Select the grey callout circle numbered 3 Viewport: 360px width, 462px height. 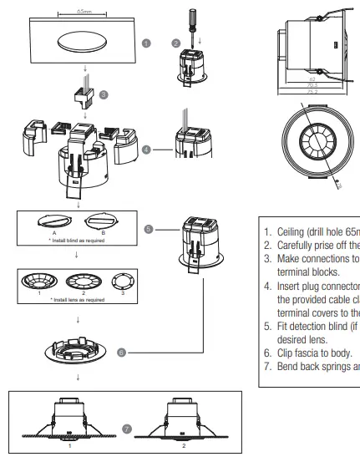[x=104, y=95]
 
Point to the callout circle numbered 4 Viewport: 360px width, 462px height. [x=147, y=150]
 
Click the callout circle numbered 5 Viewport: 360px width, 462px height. [x=149, y=227]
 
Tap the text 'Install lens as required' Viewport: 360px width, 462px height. [x=77, y=299]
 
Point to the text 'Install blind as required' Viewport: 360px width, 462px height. [x=77, y=239]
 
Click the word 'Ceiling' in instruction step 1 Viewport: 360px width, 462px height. [x=292, y=231]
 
